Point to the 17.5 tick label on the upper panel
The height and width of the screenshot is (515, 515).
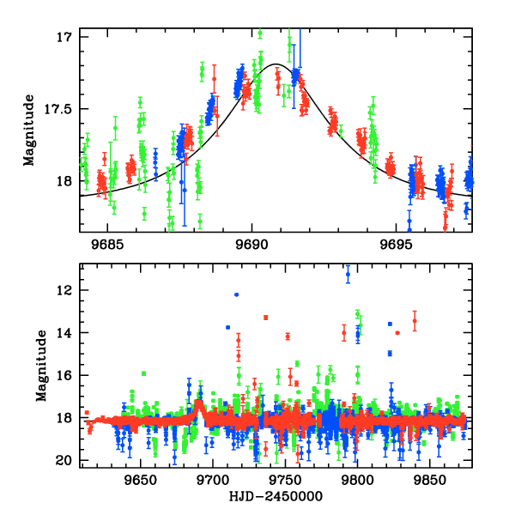click(59, 109)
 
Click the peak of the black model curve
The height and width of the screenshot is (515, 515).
click(276, 64)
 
